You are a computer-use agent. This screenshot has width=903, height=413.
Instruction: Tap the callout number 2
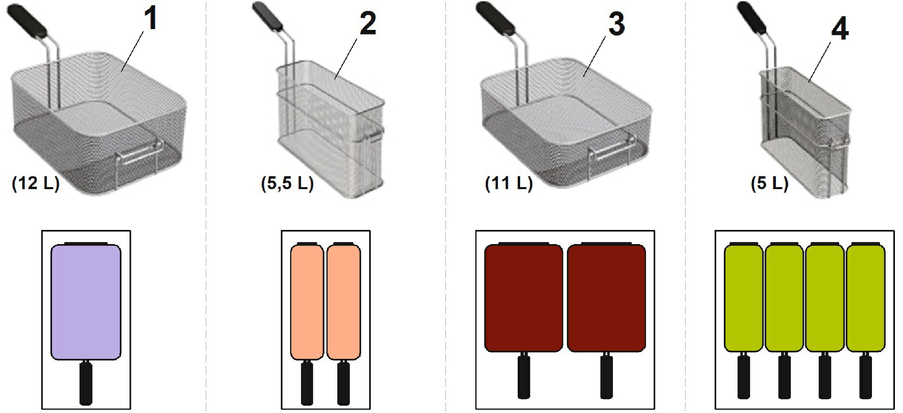368,23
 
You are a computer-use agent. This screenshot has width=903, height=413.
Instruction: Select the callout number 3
616,23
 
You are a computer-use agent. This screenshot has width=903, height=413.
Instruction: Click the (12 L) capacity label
36,183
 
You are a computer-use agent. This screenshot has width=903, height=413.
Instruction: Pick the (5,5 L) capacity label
287,183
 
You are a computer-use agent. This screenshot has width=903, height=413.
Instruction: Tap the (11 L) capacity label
509,183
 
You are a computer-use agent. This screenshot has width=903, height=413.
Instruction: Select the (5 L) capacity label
769,183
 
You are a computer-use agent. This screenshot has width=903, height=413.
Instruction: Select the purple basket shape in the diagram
86,302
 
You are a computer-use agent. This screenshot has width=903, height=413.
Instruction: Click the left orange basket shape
307,302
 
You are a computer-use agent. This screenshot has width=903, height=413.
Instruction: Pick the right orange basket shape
343,302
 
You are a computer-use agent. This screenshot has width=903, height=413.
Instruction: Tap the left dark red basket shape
524,298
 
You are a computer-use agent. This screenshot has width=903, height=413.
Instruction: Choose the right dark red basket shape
606,298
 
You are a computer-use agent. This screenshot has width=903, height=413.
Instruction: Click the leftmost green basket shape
744,298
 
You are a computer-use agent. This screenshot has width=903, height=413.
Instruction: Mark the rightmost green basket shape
865,298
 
